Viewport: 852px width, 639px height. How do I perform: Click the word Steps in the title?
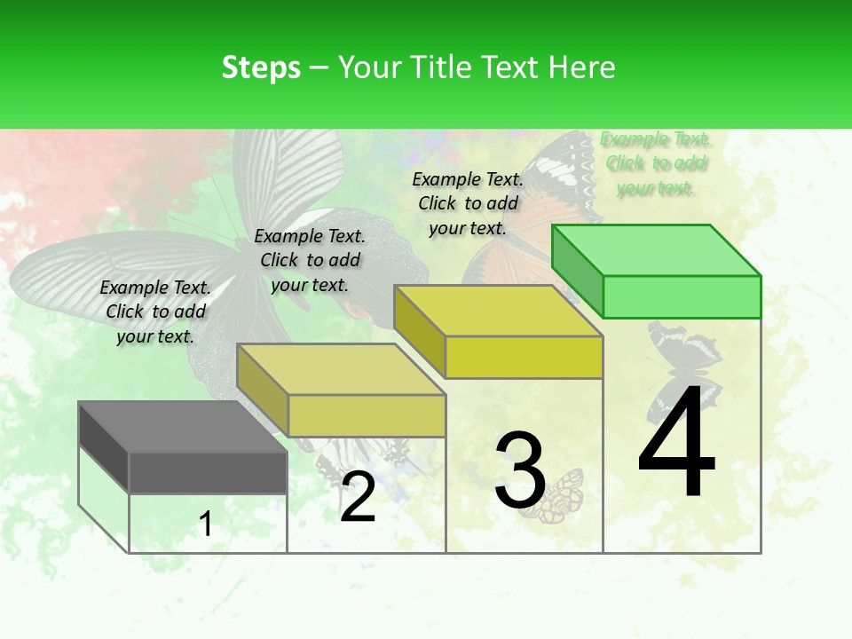pyautogui.click(x=261, y=67)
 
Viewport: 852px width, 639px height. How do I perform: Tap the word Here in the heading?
pyautogui.click(x=582, y=67)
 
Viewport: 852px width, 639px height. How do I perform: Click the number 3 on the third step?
pyautogui.click(x=519, y=470)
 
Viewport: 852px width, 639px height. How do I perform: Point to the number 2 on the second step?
pyautogui.click(x=358, y=497)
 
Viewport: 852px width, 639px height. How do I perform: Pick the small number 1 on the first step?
pyautogui.click(x=206, y=525)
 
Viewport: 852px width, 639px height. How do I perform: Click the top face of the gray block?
pyautogui.click(x=182, y=427)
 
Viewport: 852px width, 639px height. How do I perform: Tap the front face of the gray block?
pyautogui.click(x=208, y=472)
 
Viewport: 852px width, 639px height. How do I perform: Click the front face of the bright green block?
pyautogui.click(x=682, y=296)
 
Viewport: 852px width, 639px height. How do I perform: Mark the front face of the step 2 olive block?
pyautogui.click(x=366, y=415)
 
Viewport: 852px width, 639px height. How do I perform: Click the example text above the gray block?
pyautogui.click(x=155, y=312)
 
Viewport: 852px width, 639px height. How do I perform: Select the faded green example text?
pyautogui.click(x=655, y=163)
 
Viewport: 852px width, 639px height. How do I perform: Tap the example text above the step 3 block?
pyautogui.click(x=468, y=203)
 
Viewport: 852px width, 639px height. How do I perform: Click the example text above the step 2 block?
pyautogui.click(x=310, y=260)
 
